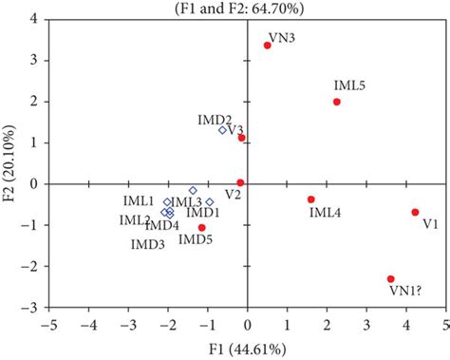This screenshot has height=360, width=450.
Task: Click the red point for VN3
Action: pyautogui.click(x=268, y=45)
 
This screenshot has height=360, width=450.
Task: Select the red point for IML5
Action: pyautogui.click(x=337, y=102)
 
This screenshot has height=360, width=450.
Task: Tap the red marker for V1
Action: pyautogui.click(x=415, y=212)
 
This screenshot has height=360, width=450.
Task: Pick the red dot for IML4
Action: pyautogui.click(x=310, y=199)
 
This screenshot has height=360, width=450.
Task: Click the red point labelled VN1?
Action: pyautogui.click(x=390, y=278)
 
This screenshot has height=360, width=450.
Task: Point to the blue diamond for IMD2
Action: pyautogui.click(x=223, y=130)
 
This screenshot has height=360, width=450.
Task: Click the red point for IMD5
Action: pyautogui.click(x=201, y=228)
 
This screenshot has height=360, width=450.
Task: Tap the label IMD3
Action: pyautogui.click(x=148, y=245)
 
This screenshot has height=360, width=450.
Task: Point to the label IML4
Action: pyautogui.click(x=325, y=213)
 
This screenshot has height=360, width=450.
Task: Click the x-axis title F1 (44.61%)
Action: pyautogui.click(x=248, y=348)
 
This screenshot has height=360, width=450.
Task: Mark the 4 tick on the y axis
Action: pyautogui.click(x=35, y=19)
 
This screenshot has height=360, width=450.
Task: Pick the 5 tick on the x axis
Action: pyautogui.click(x=444, y=324)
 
